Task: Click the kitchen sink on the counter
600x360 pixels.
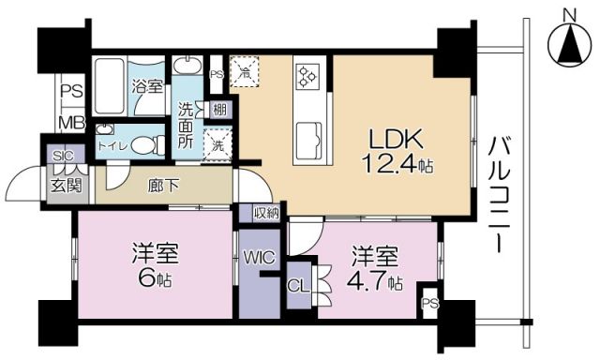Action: pos(308,142)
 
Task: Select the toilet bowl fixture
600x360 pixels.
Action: pos(142,145)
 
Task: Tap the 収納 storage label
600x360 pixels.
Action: pos(266,213)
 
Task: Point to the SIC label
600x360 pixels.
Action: pos(63,156)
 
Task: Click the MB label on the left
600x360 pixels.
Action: pos(69,122)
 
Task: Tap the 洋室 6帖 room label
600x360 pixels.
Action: pos(154,265)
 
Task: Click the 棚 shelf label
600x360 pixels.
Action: pos(218,111)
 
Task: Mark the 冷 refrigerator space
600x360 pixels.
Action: pos(245,70)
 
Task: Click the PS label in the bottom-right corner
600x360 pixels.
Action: pos(428,302)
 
